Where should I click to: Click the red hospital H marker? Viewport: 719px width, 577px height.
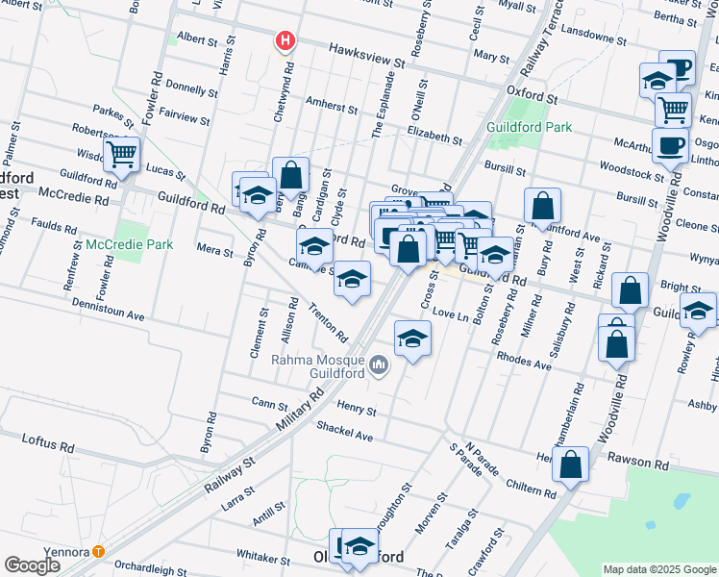tap(285, 40)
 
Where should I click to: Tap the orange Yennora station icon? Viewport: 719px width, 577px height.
tap(98, 552)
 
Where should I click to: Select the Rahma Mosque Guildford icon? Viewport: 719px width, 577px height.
tap(380, 364)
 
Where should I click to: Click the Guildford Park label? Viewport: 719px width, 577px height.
tap(529, 127)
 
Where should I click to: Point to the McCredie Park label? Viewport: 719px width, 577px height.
tap(130, 244)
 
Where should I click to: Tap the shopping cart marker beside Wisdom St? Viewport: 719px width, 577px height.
tap(123, 154)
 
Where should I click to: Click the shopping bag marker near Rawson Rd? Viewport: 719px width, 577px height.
tap(571, 464)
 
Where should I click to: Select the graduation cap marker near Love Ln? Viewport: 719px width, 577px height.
tap(412, 339)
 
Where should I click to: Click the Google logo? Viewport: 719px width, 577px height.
tap(32, 565)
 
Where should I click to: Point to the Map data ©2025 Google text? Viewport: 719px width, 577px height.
tap(658, 569)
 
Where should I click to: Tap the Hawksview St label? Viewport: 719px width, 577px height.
tap(363, 54)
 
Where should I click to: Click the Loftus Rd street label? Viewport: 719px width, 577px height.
tap(48, 442)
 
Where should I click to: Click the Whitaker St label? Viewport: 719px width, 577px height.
tap(263, 558)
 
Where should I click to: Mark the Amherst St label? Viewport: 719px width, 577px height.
tap(331, 102)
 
